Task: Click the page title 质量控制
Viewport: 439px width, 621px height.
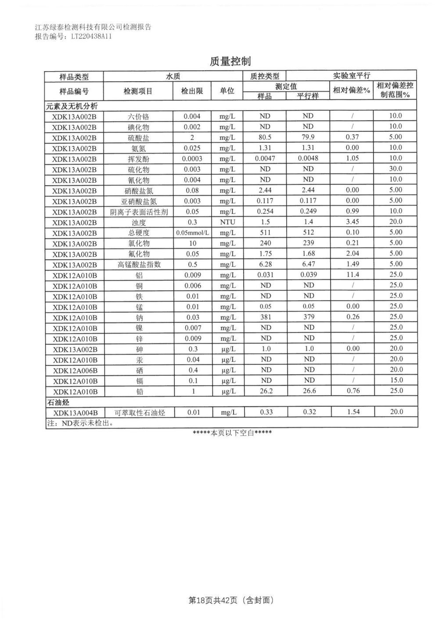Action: tap(230, 61)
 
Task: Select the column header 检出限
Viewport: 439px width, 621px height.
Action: tap(192, 91)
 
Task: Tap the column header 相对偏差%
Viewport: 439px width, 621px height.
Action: tap(352, 90)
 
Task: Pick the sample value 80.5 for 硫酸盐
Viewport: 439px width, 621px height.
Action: tap(265, 137)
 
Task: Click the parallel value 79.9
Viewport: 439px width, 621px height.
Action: tap(308, 137)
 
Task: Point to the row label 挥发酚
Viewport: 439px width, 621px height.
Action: tap(139, 159)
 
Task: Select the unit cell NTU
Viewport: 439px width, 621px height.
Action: tap(227, 222)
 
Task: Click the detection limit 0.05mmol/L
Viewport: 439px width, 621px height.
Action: tap(192, 232)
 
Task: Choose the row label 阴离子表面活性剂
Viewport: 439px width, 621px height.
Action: tap(139, 212)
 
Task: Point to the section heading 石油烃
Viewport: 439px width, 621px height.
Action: tap(58, 402)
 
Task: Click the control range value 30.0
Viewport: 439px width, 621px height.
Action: tap(396, 169)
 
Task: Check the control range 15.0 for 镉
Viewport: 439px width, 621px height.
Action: tap(396, 380)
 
